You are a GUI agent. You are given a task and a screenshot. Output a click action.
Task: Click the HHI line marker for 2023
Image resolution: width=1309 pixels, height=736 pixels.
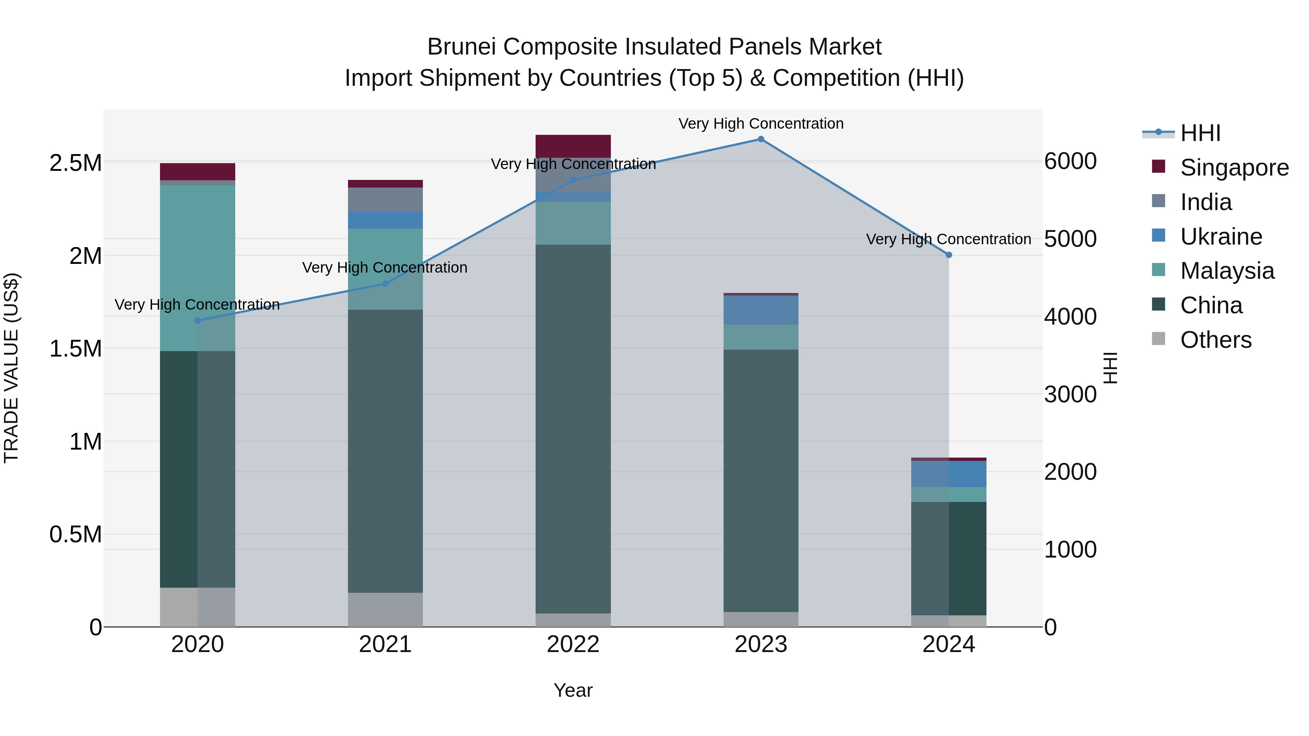(761, 139)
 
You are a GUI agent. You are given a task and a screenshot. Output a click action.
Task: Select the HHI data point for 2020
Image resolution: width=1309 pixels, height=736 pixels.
(198, 321)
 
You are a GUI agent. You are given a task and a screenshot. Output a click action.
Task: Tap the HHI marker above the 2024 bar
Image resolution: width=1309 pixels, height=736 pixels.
(949, 255)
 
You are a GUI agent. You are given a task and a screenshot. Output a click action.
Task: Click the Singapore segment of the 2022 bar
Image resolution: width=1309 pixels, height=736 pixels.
(573, 146)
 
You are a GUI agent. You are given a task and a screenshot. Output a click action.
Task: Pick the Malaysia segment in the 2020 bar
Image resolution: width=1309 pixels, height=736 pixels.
(198, 268)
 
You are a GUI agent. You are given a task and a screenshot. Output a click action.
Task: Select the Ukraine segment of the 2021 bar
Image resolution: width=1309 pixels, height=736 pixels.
(385, 220)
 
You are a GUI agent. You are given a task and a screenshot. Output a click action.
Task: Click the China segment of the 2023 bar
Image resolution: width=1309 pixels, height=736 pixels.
(761, 480)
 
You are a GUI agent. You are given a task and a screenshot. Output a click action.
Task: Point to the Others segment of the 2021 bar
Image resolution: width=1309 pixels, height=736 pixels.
(385, 610)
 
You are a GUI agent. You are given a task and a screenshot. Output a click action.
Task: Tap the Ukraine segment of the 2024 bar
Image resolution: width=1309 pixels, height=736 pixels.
(949, 474)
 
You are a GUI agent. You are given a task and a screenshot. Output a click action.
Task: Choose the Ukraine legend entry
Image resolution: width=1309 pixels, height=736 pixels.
(1221, 237)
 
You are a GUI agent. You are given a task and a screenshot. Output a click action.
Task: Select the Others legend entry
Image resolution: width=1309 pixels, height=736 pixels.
(1216, 340)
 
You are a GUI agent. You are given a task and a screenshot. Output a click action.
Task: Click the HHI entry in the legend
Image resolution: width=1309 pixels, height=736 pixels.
(1200, 133)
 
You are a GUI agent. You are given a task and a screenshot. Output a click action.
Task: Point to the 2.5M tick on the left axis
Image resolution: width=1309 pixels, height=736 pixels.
(76, 163)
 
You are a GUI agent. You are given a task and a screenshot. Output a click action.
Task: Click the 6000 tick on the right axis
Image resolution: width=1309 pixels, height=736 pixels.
(1070, 161)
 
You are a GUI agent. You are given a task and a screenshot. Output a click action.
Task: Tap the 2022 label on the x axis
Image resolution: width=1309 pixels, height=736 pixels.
(573, 644)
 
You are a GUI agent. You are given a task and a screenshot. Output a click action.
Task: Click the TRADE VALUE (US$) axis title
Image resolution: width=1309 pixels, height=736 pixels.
(12, 368)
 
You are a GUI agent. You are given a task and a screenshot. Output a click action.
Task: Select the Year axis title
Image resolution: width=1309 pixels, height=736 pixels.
(573, 690)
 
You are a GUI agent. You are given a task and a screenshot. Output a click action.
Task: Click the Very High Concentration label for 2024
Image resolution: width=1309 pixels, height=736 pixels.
(948, 239)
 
